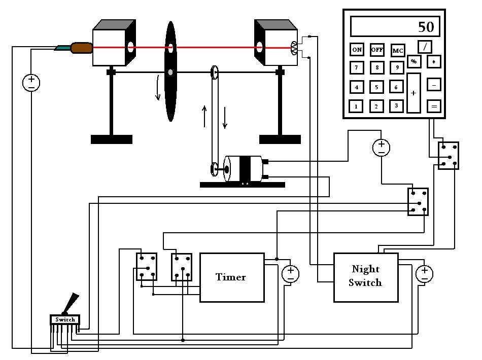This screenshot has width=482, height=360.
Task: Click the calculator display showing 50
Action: [x=394, y=26]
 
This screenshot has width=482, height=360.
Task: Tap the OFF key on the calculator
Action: [x=377, y=50]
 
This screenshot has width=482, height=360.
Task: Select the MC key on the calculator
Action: [x=398, y=51]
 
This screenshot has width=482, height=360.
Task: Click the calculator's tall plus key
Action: [x=414, y=93]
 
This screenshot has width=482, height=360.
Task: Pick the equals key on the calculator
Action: [x=434, y=106]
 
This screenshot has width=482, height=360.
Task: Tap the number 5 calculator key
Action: [x=376, y=87]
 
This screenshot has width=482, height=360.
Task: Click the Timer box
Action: [x=232, y=277]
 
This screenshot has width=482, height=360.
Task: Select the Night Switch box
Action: [x=365, y=277]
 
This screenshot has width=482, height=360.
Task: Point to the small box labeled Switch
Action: [x=65, y=319]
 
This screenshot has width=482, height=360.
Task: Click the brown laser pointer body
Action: [x=81, y=48]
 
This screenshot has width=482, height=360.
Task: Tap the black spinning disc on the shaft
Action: [x=171, y=71]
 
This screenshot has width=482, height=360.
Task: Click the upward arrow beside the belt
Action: [x=204, y=116]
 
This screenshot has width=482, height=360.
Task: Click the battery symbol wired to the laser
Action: [x=31, y=82]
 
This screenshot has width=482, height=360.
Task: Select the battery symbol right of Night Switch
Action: [x=424, y=274]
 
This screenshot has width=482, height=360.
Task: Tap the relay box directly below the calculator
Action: [x=449, y=155]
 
